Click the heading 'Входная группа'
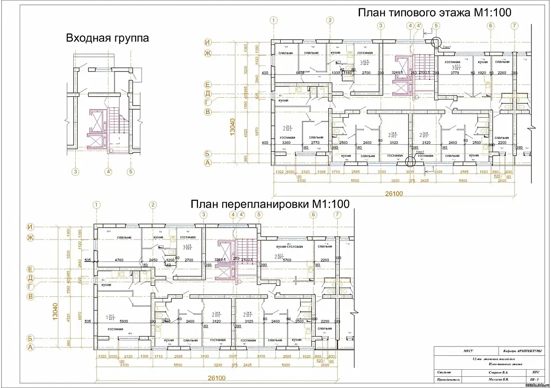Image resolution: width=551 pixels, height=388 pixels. tap(107, 38)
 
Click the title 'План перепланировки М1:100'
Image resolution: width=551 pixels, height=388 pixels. tap(270, 204)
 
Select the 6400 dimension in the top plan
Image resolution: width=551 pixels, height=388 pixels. tap(300, 73)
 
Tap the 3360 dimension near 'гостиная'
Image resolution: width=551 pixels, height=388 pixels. tap(287, 143)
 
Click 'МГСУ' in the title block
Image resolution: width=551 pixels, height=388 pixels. tap(455, 352)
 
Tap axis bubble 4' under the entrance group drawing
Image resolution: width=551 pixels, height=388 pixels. tap(109, 171)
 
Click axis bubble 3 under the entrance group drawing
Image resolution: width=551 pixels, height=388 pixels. tap(74, 171)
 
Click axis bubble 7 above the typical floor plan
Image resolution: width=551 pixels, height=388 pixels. tap(514, 26)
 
